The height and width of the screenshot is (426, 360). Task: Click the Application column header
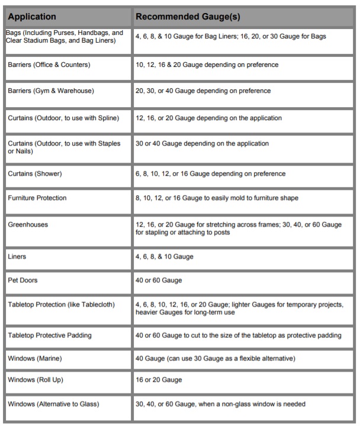coord(32,17)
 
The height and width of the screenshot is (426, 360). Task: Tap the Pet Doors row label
coord(24,279)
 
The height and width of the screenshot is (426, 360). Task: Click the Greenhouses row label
coord(28,225)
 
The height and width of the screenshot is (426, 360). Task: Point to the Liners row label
coord(18,257)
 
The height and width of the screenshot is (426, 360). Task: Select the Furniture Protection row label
coord(37,198)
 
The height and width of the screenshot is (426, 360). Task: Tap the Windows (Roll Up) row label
coord(36,379)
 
